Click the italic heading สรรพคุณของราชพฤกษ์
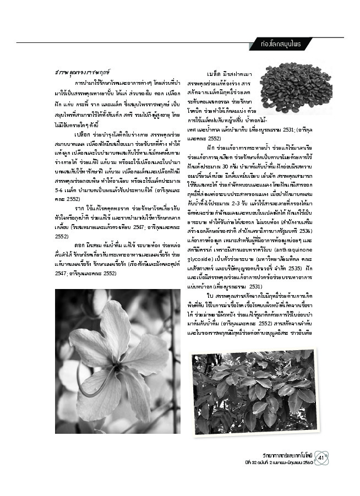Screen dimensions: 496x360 click(x=80, y=72)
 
